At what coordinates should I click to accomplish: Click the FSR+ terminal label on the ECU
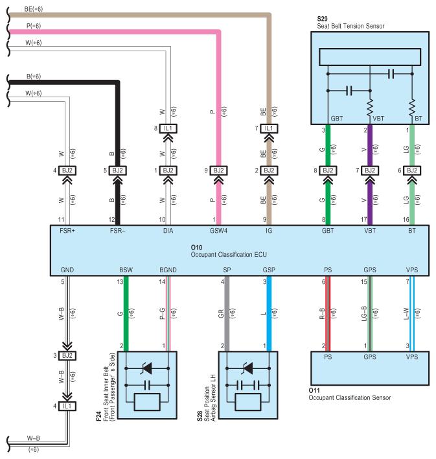pyautogui.click(x=67, y=231)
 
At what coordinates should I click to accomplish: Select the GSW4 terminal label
pyautogui.click(x=218, y=231)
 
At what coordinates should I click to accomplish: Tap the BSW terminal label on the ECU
pyautogui.click(x=126, y=270)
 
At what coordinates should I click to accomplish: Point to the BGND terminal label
pyautogui.click(x=168, y=270)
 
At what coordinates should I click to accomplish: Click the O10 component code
pyautogui.click(x=196, y=248)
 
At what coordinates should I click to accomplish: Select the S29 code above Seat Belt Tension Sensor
pyautogui.click(x=322, y=19)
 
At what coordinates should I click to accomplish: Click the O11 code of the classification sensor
pyautogui.click(x=314, y=390)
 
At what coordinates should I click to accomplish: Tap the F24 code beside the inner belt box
pyautogui.click(x=98, y=416)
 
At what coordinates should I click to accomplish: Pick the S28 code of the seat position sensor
pyautogui.click(x=200, y=416)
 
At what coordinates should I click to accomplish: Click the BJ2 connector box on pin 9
pyautogui.click(x=218, y=171)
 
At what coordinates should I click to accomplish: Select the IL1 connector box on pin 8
pyautogui.click(x=168, y=128)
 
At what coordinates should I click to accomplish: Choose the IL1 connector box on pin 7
pyautogui.click(x=269, y=128)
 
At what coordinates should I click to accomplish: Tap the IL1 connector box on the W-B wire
pyautogui.click(x=67, y=406)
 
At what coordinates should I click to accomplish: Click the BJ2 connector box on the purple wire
pyautogui.click(x=370, y=171)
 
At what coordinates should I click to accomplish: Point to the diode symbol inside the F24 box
pyautogui.click(x=147, y=368)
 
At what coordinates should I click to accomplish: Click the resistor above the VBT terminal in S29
pyautogui.click(x=370, y=108)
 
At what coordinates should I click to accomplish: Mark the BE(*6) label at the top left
pyautogui.click(x=33, y=9)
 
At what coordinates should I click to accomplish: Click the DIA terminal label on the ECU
pyautogui.click(x=168, y=231)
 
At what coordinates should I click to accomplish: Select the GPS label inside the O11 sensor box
pyautogui.click(x=370, y=357)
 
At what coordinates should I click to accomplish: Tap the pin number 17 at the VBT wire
pyautogui.click(x=363, y=220)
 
